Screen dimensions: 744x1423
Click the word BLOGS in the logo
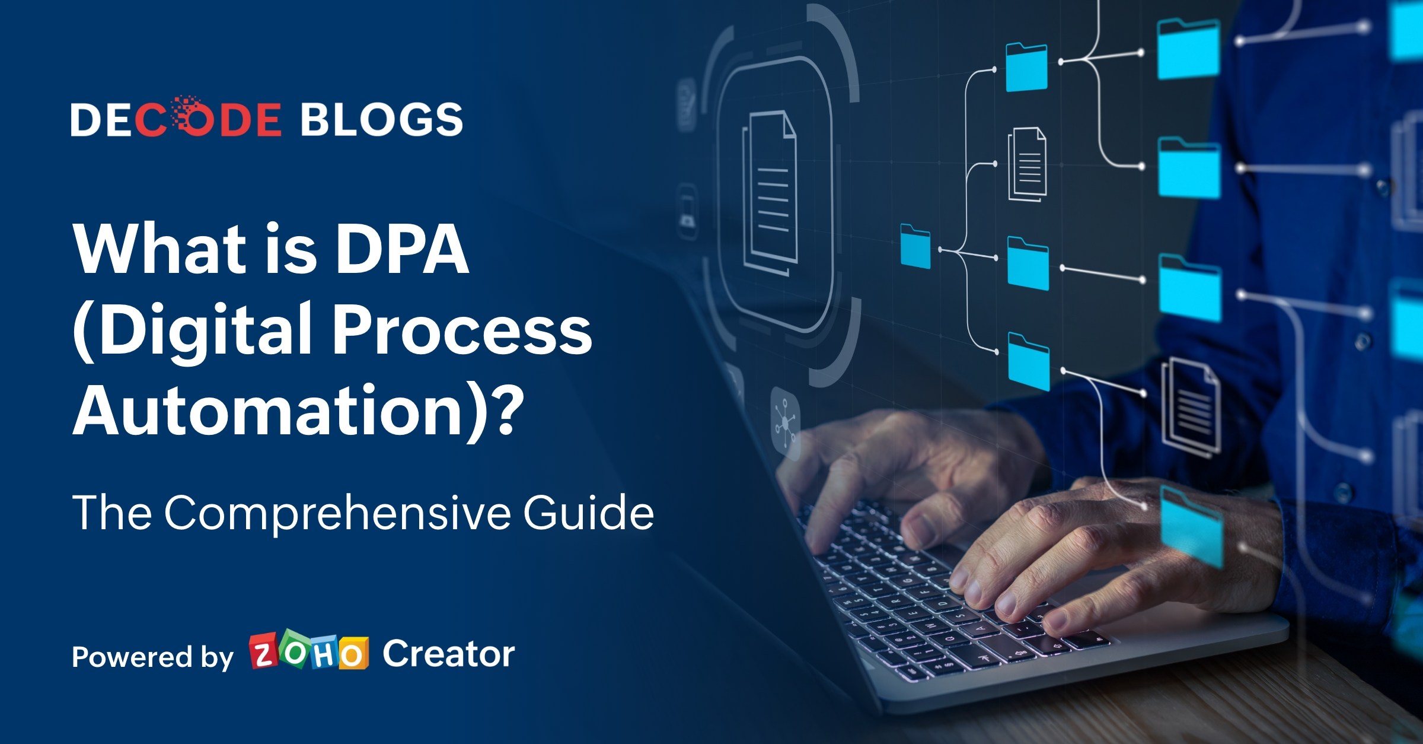coord(382,119)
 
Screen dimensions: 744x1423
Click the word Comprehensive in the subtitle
coord(337,513)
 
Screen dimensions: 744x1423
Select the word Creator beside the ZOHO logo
coord(448,654)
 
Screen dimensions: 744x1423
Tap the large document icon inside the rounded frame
coord(770,190)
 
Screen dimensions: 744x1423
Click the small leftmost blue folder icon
coord(915,246)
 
